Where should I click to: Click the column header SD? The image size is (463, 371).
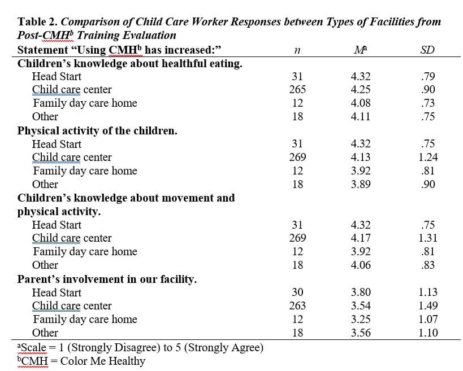point(427,50)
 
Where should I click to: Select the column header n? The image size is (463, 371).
point(297,50)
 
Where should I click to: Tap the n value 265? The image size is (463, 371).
point(297,90)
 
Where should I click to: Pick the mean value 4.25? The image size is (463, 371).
point(361,90)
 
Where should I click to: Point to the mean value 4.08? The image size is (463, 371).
point(361,103)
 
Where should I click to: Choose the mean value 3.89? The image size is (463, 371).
point(361,184)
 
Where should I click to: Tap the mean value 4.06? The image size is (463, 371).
point(361,265)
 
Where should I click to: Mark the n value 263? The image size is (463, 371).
point(297,306)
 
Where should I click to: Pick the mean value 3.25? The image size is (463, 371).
point(361,320)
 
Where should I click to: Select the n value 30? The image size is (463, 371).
point(297,293)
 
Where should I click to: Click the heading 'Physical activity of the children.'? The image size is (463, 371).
point(97,130)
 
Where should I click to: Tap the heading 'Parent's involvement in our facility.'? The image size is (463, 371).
point(107,279)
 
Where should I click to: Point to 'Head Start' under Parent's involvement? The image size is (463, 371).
point(57,293)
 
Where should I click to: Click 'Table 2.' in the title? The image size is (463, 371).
point(37,22)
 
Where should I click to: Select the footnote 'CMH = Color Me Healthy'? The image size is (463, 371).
point(81,361)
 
